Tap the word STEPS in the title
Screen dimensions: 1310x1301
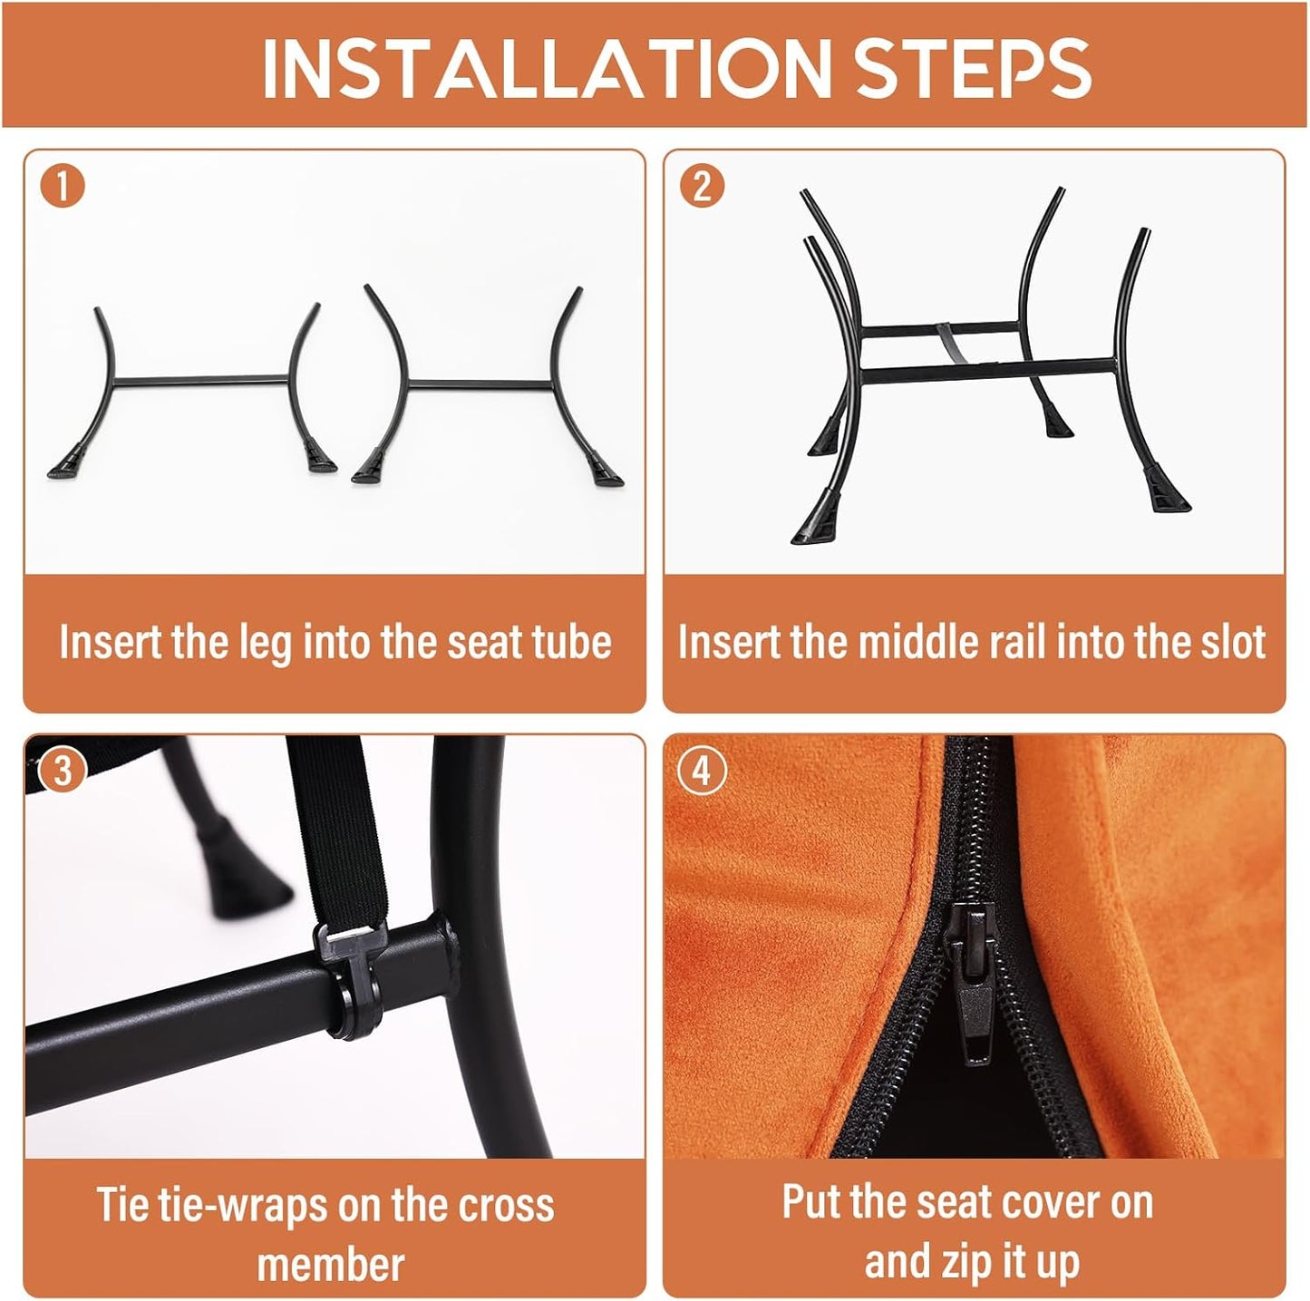coord(972,68)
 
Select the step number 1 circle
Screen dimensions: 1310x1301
coord(63,187)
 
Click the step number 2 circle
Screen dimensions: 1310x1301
coord(703,187)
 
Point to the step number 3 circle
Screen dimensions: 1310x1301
coord(63,772)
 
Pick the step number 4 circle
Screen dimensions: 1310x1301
coord(703,772)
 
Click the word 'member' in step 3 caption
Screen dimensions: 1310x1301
coord(331,1264)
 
